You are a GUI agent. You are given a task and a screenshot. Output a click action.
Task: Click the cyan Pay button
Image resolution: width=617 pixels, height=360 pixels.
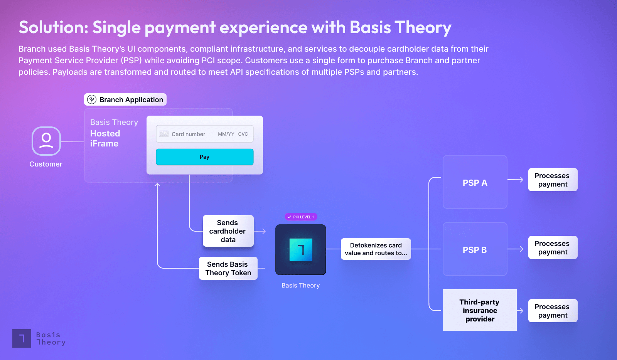coord(205,157)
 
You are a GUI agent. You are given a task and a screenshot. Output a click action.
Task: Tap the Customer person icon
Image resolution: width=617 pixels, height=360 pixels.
coord(46,141)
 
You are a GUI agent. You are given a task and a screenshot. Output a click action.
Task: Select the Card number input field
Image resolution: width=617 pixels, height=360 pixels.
coord(205,134)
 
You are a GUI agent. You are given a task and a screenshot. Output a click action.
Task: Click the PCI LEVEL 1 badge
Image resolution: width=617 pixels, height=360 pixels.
coord(301,217)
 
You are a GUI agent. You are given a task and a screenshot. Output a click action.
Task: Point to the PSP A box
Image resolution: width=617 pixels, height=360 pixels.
coord(475,182)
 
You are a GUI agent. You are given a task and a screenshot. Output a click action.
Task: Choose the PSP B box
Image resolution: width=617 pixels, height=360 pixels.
coord(475,249)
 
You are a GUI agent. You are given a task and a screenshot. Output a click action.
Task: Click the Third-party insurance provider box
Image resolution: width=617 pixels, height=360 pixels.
coord(480,310)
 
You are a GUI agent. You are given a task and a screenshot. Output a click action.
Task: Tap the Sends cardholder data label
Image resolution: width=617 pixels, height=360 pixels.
coord(228,231)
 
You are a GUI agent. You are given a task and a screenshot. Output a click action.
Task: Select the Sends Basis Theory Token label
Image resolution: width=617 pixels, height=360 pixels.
coord(228,268)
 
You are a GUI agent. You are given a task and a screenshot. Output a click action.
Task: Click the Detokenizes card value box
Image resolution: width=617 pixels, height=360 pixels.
coord(376,249)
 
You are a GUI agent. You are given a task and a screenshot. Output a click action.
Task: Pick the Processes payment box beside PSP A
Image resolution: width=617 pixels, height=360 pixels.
coord(553,180)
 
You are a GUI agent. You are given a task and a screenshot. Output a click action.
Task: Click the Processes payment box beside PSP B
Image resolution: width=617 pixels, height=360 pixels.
coord(553,247)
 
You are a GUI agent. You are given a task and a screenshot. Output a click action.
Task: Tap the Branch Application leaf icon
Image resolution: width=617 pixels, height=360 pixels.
coord(92,99)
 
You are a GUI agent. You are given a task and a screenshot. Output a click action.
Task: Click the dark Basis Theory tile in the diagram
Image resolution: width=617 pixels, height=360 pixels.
coord(301,250)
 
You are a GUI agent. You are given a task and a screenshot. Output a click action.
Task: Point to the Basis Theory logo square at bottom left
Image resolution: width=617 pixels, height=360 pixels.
coord(22,338)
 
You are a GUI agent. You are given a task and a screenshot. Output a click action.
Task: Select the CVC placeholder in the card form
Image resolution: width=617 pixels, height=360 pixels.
coord(243,134)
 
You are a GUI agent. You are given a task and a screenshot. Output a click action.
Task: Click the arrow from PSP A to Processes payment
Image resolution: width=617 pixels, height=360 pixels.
coord(515,180)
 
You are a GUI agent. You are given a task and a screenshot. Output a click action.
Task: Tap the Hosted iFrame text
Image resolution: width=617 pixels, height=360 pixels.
coord(105,138)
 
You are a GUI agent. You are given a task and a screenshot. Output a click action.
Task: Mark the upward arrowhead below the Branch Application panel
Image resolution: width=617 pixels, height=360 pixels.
coord(157,185)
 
